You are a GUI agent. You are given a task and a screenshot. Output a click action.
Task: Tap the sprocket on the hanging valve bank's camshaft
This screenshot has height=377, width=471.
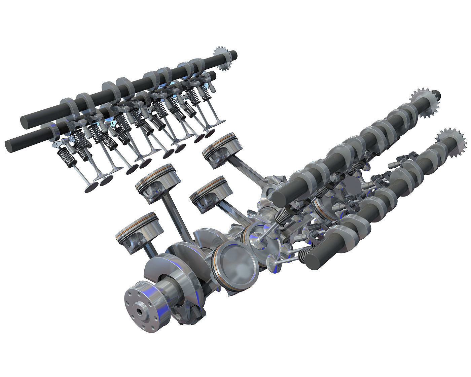click(x=222, y=59)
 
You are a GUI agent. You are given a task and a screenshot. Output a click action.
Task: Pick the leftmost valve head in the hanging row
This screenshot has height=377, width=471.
click(x=90, y=187)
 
